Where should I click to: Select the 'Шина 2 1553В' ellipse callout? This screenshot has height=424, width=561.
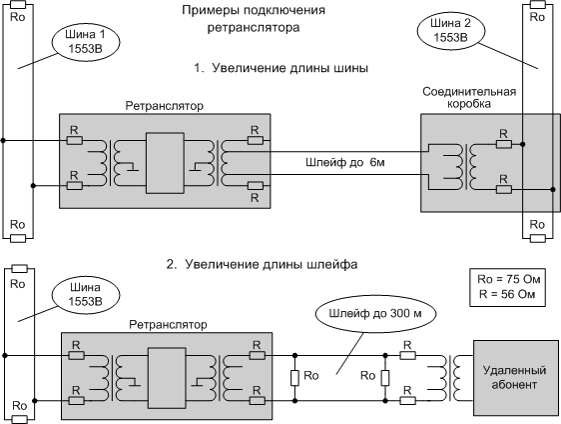click(451, 31)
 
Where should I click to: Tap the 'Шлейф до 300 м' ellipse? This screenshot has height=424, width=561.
click(375, 314)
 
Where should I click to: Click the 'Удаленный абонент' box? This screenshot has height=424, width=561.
click(514, 378)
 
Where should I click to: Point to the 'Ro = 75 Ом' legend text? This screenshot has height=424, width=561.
click(508, 279)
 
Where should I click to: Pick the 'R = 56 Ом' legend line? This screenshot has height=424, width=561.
click(507, 294)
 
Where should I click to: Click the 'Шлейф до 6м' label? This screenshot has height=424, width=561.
click(345, 163)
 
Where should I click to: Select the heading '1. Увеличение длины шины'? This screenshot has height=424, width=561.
click(281, 68)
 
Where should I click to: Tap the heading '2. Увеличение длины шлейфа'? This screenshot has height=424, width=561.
click(263, 265)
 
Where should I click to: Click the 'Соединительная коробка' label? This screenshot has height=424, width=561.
click(469, 97)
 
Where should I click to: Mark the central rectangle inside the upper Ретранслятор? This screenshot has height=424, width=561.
click(165, 163)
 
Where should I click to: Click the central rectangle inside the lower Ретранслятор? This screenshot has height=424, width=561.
click(167, 378)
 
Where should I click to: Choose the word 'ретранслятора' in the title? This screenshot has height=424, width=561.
click(254, 28)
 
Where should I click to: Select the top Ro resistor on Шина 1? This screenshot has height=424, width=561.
click(18, 5)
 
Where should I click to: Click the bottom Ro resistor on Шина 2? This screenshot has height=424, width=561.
click(538, 238)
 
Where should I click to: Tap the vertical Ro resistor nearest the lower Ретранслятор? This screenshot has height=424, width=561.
click(294, 378)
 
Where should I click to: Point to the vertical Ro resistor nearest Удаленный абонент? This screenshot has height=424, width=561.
click(385, 378)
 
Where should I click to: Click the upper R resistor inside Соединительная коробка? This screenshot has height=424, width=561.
click(504, 144)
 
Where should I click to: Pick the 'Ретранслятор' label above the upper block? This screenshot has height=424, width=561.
click(165, 106)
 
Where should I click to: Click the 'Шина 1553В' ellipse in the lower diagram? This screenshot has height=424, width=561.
click(86, 295)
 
